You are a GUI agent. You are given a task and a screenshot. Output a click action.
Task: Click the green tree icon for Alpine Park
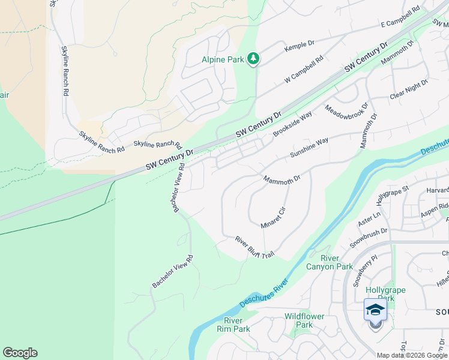254,58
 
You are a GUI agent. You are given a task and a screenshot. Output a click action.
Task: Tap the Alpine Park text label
223,59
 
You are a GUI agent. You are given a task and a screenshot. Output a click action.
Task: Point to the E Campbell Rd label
400,19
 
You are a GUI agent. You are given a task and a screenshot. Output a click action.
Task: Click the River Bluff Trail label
254,247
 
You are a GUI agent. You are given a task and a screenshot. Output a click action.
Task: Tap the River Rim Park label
233,325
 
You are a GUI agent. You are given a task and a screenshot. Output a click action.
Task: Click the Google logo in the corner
20,353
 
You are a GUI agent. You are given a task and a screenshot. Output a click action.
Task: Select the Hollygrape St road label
391,196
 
